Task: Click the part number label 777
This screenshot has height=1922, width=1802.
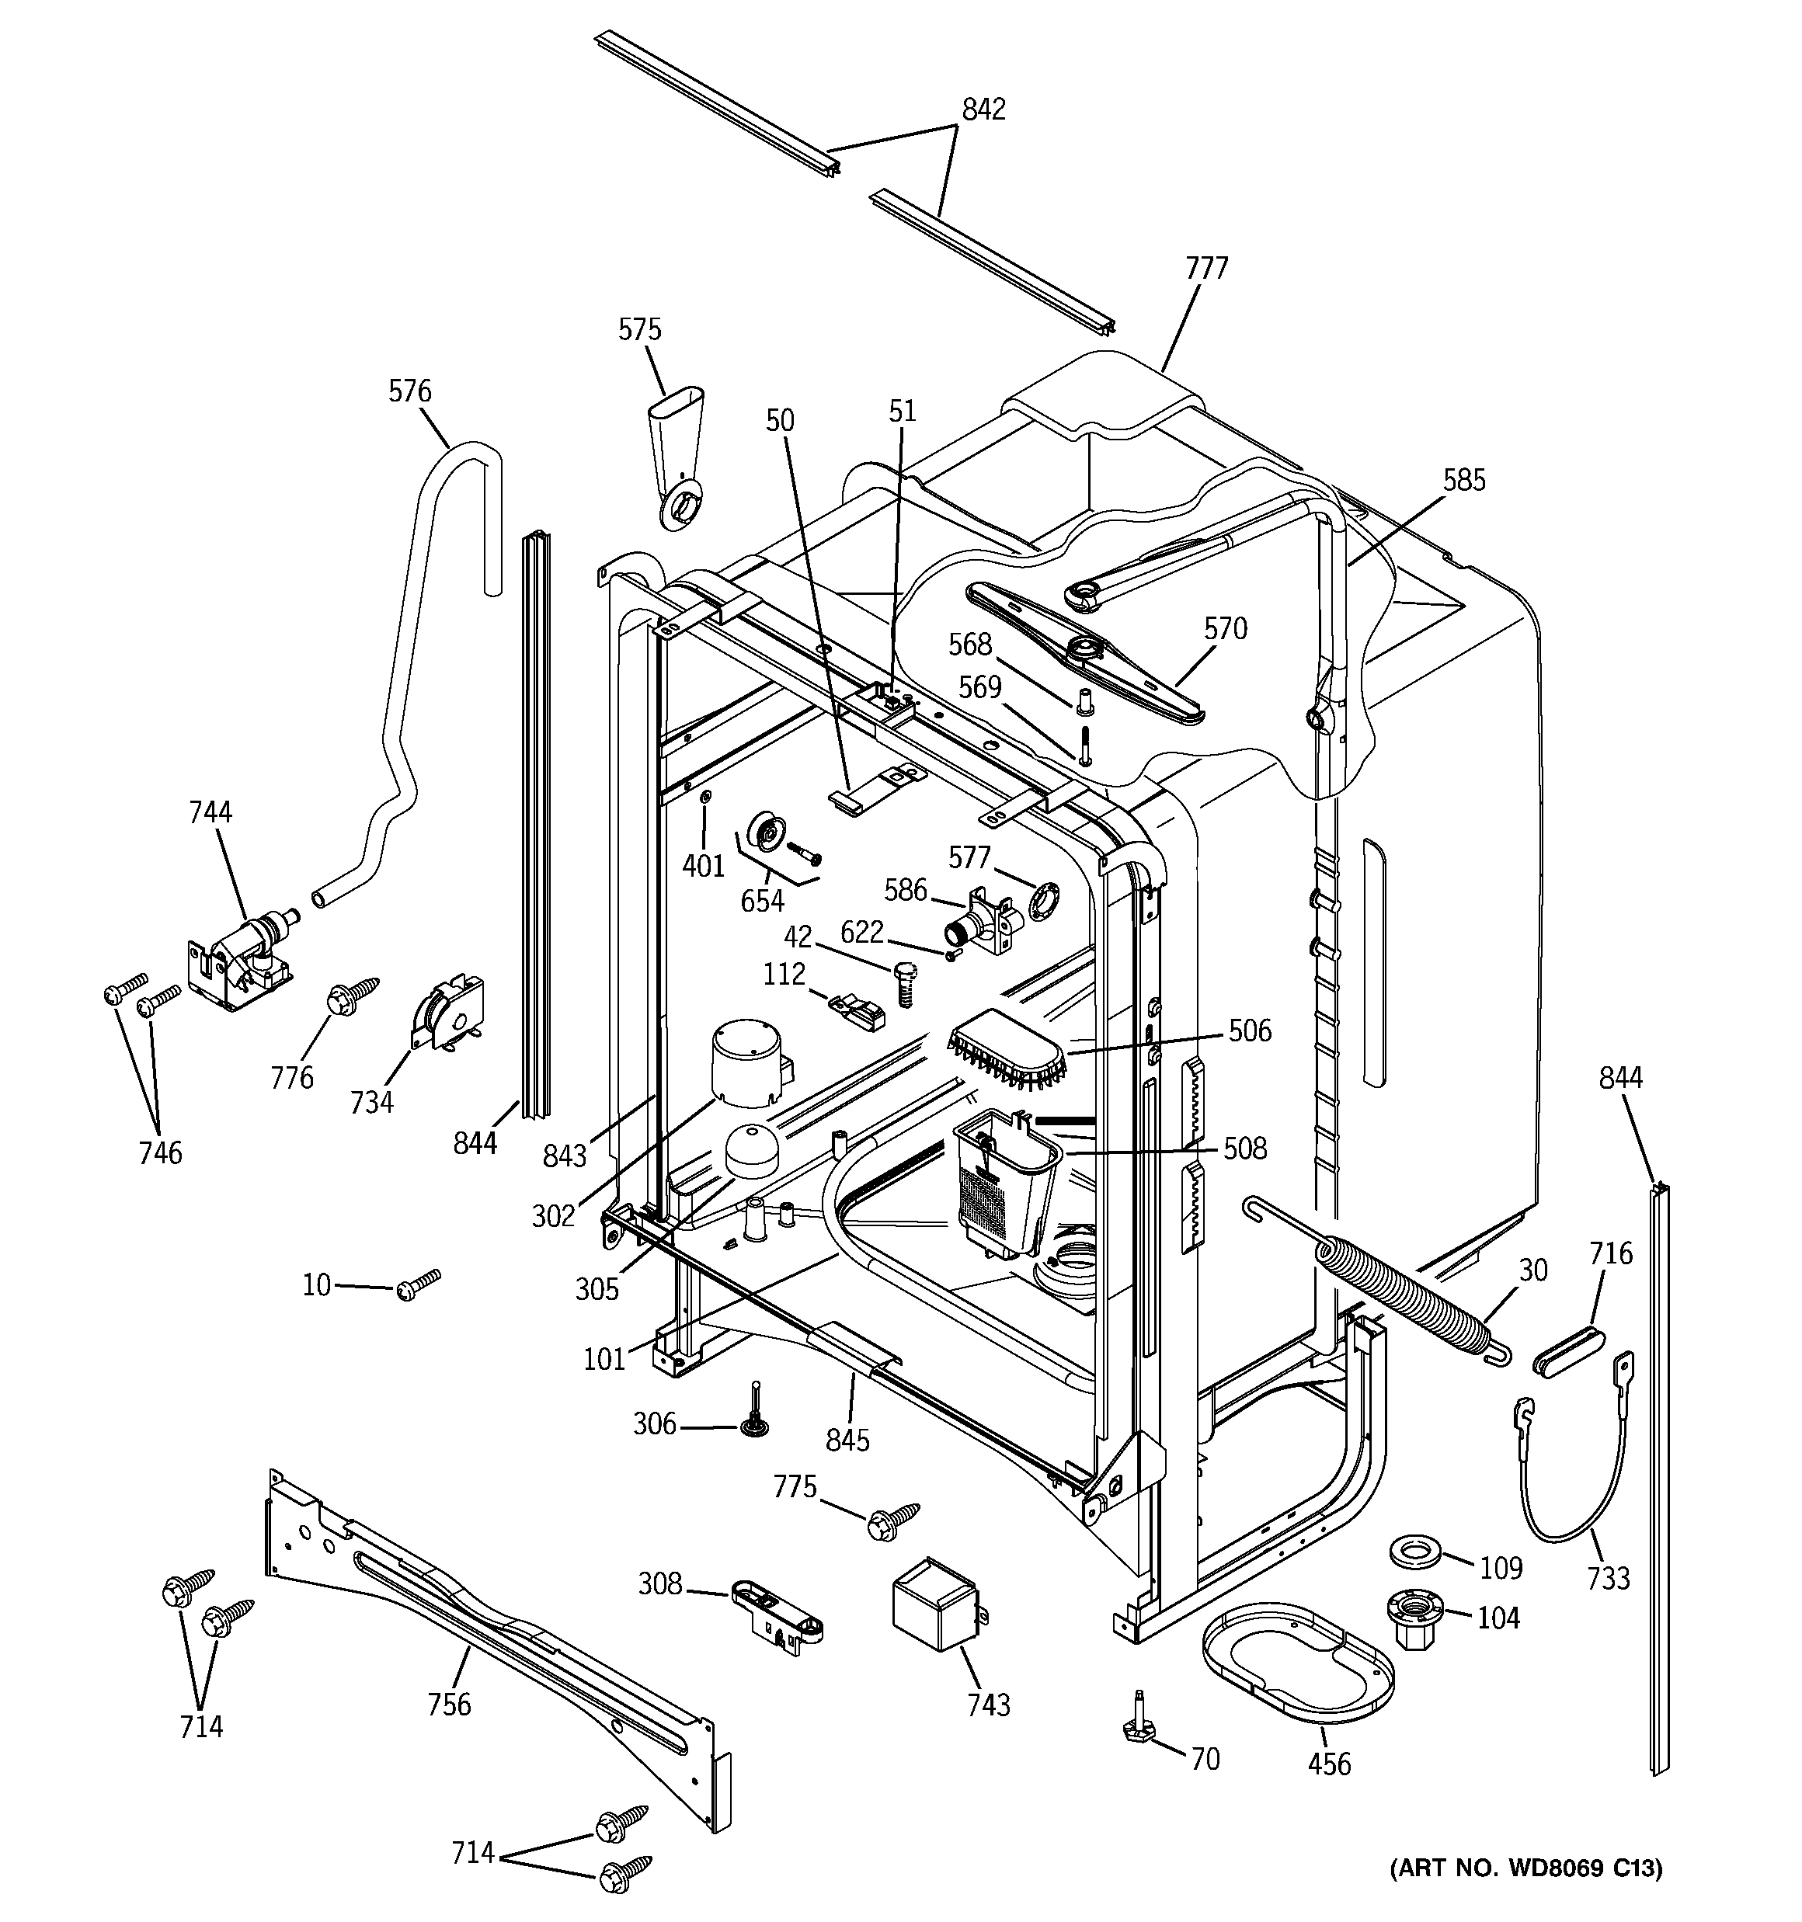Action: tap(1206, 268)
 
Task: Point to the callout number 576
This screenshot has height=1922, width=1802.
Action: tap(409, 391)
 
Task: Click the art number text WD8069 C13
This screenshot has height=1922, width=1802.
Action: tap(1525, 1895)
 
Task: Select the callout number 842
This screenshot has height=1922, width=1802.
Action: tap(983, 109)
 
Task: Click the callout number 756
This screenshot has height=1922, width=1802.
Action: tap(449, 1704)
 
